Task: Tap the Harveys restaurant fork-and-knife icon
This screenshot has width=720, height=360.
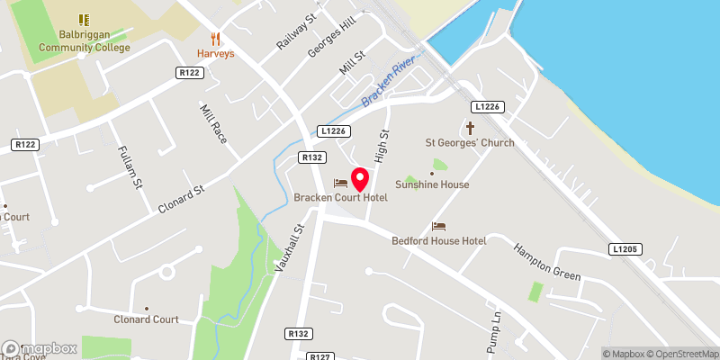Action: [215, 39]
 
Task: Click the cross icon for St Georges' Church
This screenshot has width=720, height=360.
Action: [470, 129]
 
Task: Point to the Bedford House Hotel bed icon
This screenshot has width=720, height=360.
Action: [438, 226]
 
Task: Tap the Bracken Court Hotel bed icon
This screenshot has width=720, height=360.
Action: [340, 183]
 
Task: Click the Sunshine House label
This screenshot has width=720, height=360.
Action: [432, 184]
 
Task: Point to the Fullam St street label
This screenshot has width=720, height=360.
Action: [131, 167]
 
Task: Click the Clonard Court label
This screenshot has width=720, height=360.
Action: [146, 319]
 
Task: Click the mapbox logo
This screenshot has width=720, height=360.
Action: [39, 348]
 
